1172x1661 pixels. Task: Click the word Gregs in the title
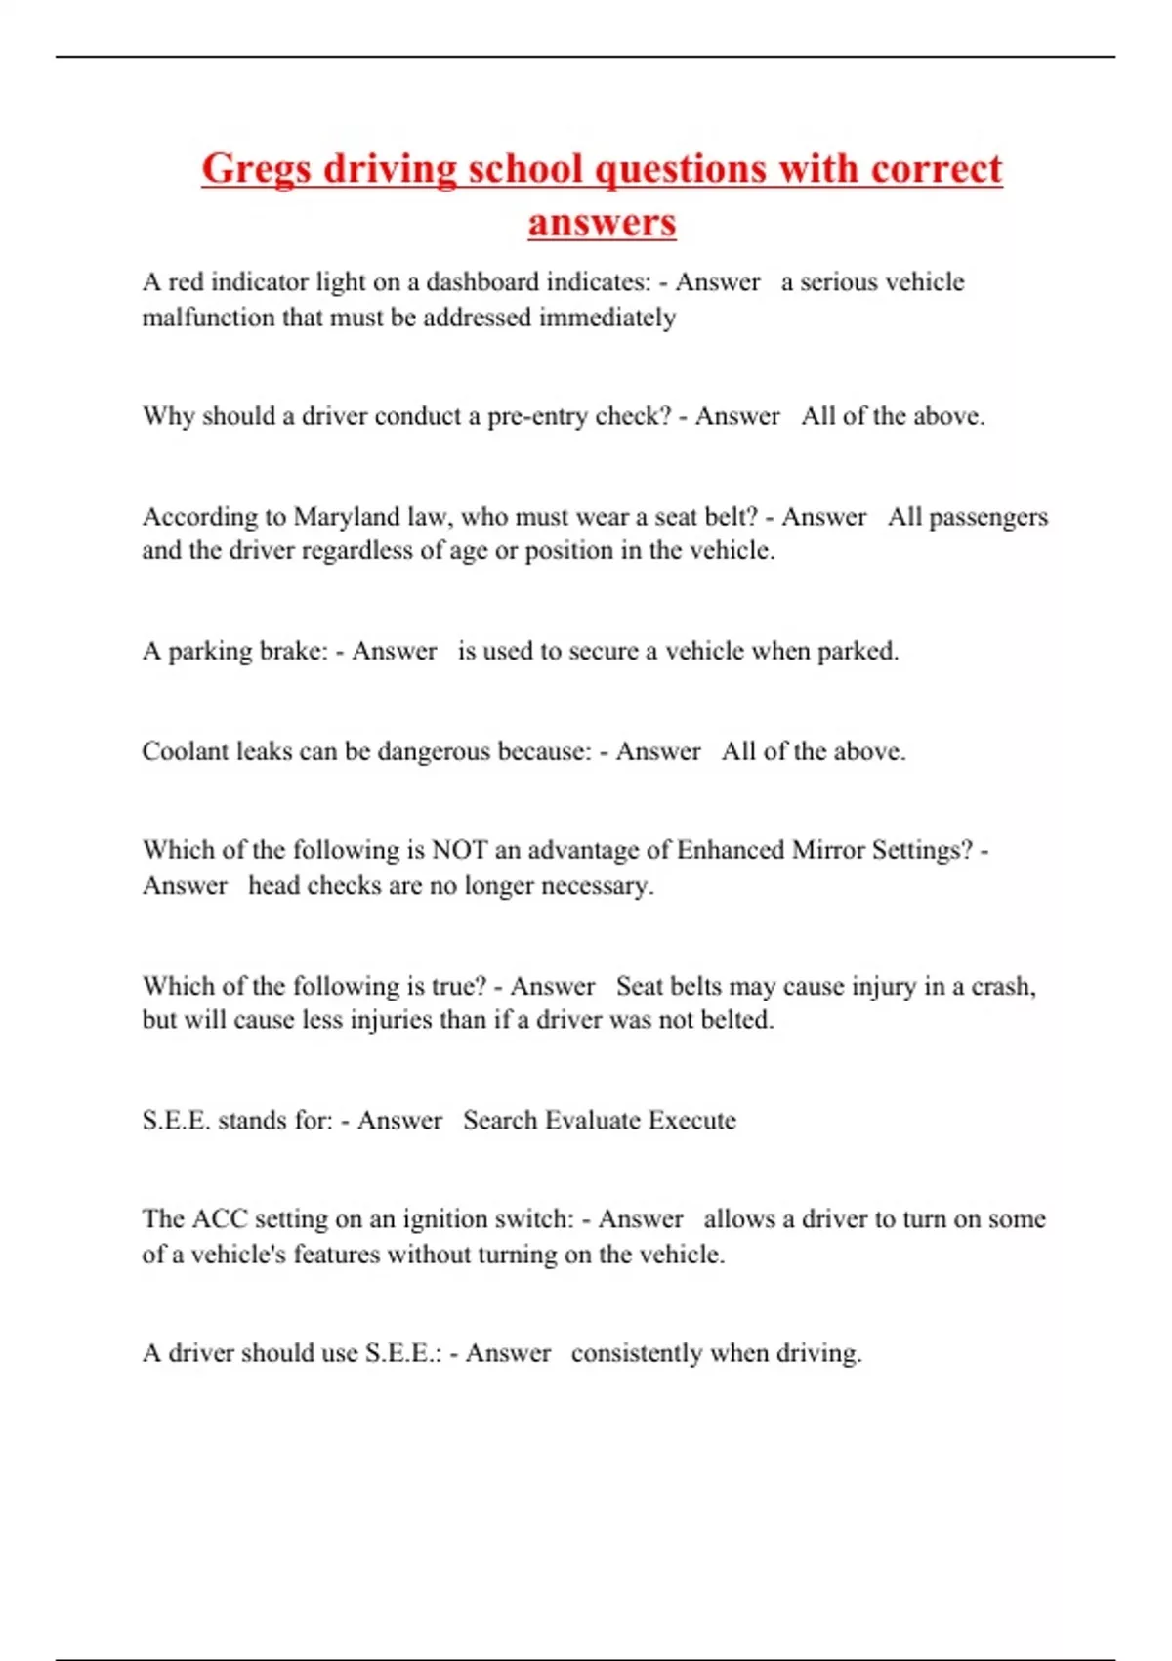(x=256, y=169)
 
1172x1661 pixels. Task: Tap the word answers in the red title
(x=602, y=222)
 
